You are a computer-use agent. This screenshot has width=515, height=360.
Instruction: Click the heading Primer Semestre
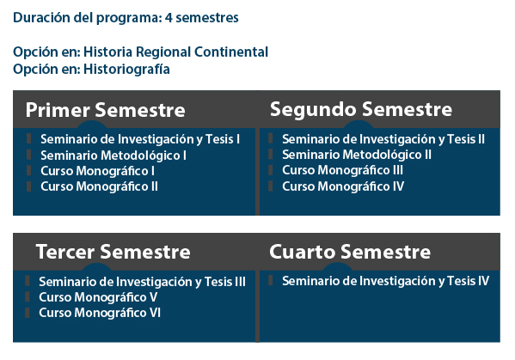click(x=106, y=110)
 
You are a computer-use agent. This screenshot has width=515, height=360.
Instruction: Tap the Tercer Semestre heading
click(x=113, y=252)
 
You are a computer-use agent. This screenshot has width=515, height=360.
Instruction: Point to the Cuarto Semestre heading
click(x=350, y=252)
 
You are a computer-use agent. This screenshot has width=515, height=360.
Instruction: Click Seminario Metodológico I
click(x=113, y=156)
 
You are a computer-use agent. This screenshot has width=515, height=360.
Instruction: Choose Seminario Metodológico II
click(x=357, y=155)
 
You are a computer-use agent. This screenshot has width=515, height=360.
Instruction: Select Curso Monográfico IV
click(x=343, y=186)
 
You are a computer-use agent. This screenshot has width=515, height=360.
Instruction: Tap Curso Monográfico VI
click(x=100, y=313)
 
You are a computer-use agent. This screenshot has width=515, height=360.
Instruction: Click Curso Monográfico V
click(x=98, y=297)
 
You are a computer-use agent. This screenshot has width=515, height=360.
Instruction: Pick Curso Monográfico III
click(x=342, y=170)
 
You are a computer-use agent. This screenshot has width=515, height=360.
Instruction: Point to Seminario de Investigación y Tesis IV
click(x=385, y=281)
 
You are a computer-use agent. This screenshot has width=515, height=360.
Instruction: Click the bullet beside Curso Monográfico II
click(x=29, y=186)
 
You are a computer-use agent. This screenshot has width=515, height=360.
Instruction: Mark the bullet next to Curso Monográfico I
click(x=29, y=171)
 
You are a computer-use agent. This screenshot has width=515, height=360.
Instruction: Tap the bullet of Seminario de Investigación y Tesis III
click(x=28, y=281)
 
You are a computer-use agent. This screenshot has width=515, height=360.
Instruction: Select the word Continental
click(x=231, y=52)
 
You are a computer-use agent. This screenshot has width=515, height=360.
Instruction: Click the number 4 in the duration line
click(x=169, y=18)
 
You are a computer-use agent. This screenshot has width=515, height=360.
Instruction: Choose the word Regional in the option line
click(x=163, y=52)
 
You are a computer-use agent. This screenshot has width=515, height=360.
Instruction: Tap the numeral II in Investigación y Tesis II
click(x=481, y=139)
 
